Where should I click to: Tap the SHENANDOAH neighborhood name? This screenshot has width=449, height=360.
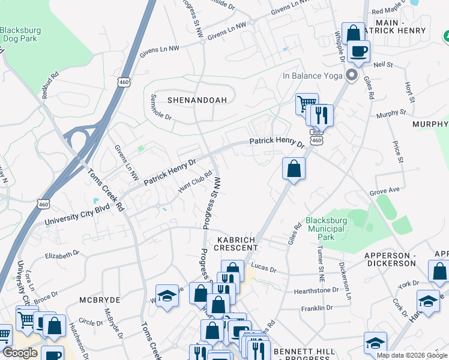[188, 100]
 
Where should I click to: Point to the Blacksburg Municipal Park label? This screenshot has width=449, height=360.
[326, 229]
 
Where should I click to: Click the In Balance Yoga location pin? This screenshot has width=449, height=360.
[352, 76]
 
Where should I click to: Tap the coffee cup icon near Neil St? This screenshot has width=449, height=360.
[358, 52]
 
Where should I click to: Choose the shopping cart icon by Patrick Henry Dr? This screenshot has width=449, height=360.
[306, 104]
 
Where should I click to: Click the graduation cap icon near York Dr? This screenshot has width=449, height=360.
[428, 301]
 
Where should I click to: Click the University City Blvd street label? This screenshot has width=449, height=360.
[77, 216]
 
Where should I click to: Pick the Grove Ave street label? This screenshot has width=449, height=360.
[385, 191]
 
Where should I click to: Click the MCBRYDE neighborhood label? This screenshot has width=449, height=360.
[100, 299]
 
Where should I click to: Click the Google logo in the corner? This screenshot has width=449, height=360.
[20, 353]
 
